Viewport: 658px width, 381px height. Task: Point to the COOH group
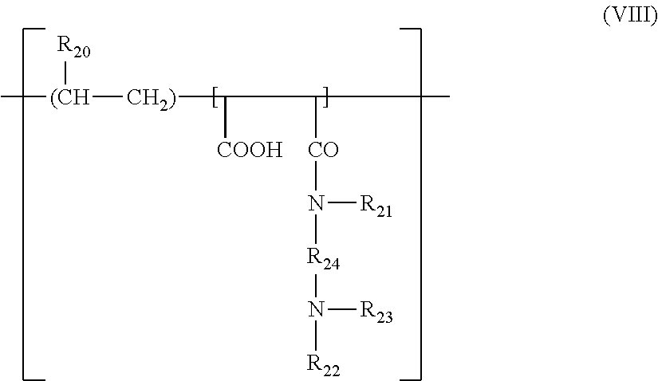250,151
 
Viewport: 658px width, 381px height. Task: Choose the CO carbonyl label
322,151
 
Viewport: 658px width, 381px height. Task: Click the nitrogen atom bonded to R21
317,205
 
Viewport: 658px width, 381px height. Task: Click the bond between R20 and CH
65,72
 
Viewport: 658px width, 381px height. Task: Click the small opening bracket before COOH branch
215,98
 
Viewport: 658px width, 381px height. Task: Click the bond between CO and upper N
317,177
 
